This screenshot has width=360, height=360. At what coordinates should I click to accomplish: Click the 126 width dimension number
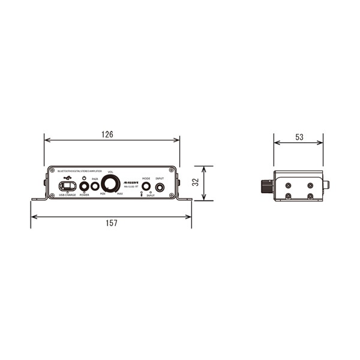[107, 134]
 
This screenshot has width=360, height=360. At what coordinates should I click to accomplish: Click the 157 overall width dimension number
[111, 223]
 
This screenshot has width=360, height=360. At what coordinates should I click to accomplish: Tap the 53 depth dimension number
[299, 137]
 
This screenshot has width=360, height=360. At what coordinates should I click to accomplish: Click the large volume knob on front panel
[110, 184]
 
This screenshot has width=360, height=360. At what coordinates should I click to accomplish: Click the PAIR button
[95, 186]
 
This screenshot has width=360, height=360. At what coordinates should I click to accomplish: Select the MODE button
[146, 187]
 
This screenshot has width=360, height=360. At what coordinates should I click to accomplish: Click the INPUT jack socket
[160, 187]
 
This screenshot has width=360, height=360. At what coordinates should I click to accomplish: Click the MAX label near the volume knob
[120, 194]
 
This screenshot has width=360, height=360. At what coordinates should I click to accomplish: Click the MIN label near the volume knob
[103, 194]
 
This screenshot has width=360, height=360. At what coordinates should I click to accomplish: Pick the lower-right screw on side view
[310, 196]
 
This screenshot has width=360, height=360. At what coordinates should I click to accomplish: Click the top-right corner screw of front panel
[175, 170]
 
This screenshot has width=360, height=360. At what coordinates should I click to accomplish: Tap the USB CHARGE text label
[67, 196]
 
